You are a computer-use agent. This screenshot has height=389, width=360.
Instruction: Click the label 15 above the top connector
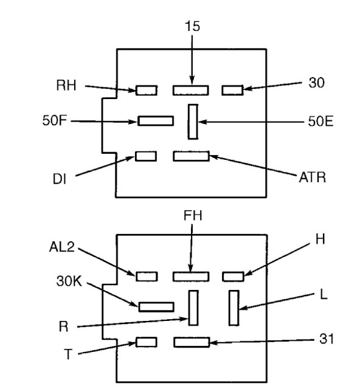click(x=192, y=26)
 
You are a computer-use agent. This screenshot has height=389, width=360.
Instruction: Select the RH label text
click(x=66, y=85)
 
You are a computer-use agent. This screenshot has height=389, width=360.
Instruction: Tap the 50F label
click(x=55, y=121)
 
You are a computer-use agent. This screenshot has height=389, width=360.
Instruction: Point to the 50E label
click(x=320, y=122)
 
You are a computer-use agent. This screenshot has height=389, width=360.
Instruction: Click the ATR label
click(x=313, y=177)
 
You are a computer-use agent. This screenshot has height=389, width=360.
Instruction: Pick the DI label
click(x=60, y=179)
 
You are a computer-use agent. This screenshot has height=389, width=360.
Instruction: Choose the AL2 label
click(x=62, y=247)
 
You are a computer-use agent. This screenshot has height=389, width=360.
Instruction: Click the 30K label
click(x=69, y=281)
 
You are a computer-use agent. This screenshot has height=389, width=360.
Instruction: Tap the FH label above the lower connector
click(x=193, y=215)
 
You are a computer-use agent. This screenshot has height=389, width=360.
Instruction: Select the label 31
click(x=326, y=339)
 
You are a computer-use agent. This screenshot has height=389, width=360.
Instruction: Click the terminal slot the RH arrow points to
click(x=147, y=91)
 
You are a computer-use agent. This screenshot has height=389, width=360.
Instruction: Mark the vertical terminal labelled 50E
click(x=193, y=122)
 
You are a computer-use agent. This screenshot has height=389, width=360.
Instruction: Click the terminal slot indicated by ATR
click(x=191, y=156)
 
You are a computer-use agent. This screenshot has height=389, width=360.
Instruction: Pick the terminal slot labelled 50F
click(x=156, y=121)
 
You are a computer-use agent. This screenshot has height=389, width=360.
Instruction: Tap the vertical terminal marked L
click(x=234, y=308)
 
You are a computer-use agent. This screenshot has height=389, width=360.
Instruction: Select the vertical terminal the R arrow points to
click(x=193, y=308)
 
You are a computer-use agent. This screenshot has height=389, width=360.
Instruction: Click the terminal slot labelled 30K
click(x=156, y=307)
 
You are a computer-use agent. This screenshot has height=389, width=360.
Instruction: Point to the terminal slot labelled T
click(x=147, y=342)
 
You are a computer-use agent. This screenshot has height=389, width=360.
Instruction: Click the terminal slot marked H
click(x=233, y=277)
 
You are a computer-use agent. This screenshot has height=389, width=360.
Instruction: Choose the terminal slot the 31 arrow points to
click(x=192, y=342)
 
